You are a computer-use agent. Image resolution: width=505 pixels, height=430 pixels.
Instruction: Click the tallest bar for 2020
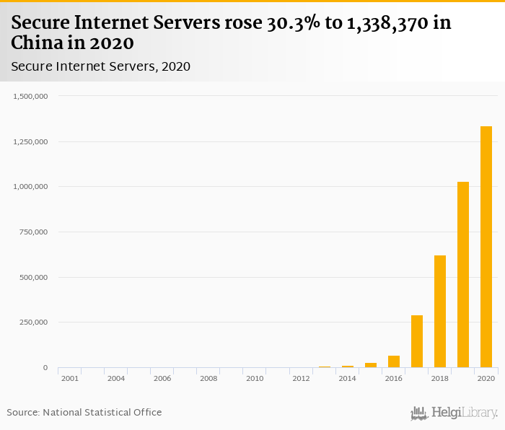click(486, 247)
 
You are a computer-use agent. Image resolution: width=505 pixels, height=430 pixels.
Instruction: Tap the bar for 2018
click(439, 312)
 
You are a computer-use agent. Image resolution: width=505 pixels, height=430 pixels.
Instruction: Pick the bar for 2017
click(416, 341)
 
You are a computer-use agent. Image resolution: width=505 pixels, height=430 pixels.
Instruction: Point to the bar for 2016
click(393, 361)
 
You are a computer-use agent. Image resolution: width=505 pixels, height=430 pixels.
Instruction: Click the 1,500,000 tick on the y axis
click(30, 96)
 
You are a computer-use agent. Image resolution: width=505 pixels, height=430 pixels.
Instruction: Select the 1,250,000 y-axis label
click(30, 141)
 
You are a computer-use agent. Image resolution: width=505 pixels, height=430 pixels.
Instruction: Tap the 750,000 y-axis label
click(33, 232)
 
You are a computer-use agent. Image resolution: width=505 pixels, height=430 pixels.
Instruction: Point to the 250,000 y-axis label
click(33, 322)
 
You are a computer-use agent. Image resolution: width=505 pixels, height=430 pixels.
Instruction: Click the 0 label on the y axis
click(45, 368)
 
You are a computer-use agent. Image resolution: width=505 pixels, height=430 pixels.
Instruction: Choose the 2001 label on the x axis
click(70, 378)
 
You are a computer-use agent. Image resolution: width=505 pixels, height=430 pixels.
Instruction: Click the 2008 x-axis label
click(208, 378)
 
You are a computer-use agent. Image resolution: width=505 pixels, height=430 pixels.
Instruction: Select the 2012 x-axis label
click(301, 378)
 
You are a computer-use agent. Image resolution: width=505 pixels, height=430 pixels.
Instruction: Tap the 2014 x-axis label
click(347, 378)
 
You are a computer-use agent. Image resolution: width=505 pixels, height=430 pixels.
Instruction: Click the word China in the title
click(38, 42)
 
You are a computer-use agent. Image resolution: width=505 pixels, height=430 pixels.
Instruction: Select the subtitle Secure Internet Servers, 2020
click(100, 66)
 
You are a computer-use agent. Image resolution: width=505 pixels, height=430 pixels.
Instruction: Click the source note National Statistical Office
click(102, 412)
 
